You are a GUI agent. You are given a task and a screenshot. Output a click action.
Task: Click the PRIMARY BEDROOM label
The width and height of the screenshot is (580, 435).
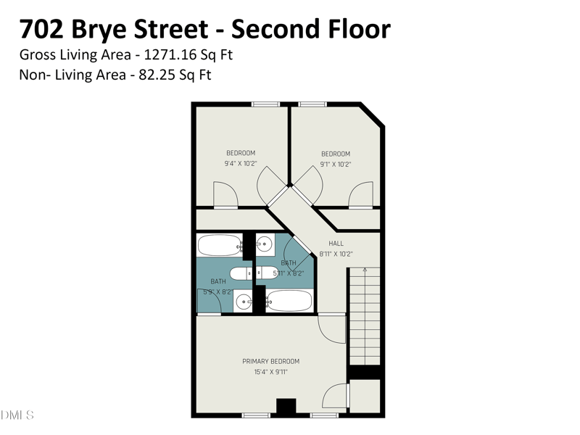tap(270, 361)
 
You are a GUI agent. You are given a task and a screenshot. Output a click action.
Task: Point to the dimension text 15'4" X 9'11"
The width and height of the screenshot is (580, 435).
tap(270, 373)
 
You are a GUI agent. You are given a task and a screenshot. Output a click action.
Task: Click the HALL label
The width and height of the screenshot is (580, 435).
tap(336, 244)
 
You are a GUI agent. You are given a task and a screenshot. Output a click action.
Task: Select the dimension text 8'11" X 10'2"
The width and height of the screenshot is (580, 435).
tap(336, 254)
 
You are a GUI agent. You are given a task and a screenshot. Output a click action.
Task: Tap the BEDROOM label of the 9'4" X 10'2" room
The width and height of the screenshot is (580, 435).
tap(241, 153)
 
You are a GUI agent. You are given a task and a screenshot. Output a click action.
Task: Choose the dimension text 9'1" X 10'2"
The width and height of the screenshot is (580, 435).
tap(336, 165)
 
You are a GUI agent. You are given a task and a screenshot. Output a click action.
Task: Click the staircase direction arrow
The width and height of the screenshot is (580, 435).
tap(365, 271)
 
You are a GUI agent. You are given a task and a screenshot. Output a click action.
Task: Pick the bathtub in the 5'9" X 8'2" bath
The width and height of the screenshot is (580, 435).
tap(219, 246)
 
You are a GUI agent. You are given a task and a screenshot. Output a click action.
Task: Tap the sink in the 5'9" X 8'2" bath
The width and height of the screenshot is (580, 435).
tap(244, 302)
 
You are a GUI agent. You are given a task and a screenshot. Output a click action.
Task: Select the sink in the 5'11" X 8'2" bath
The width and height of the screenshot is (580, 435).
tap(265, 244)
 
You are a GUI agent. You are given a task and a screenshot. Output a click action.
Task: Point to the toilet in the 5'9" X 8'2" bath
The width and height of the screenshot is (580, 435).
tap(240, 273)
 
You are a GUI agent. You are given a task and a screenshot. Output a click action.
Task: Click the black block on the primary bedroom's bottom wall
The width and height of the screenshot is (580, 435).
tap(287, 408)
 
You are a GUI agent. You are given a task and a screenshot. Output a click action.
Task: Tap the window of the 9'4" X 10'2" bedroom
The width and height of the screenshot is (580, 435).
tap(266, 104)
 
